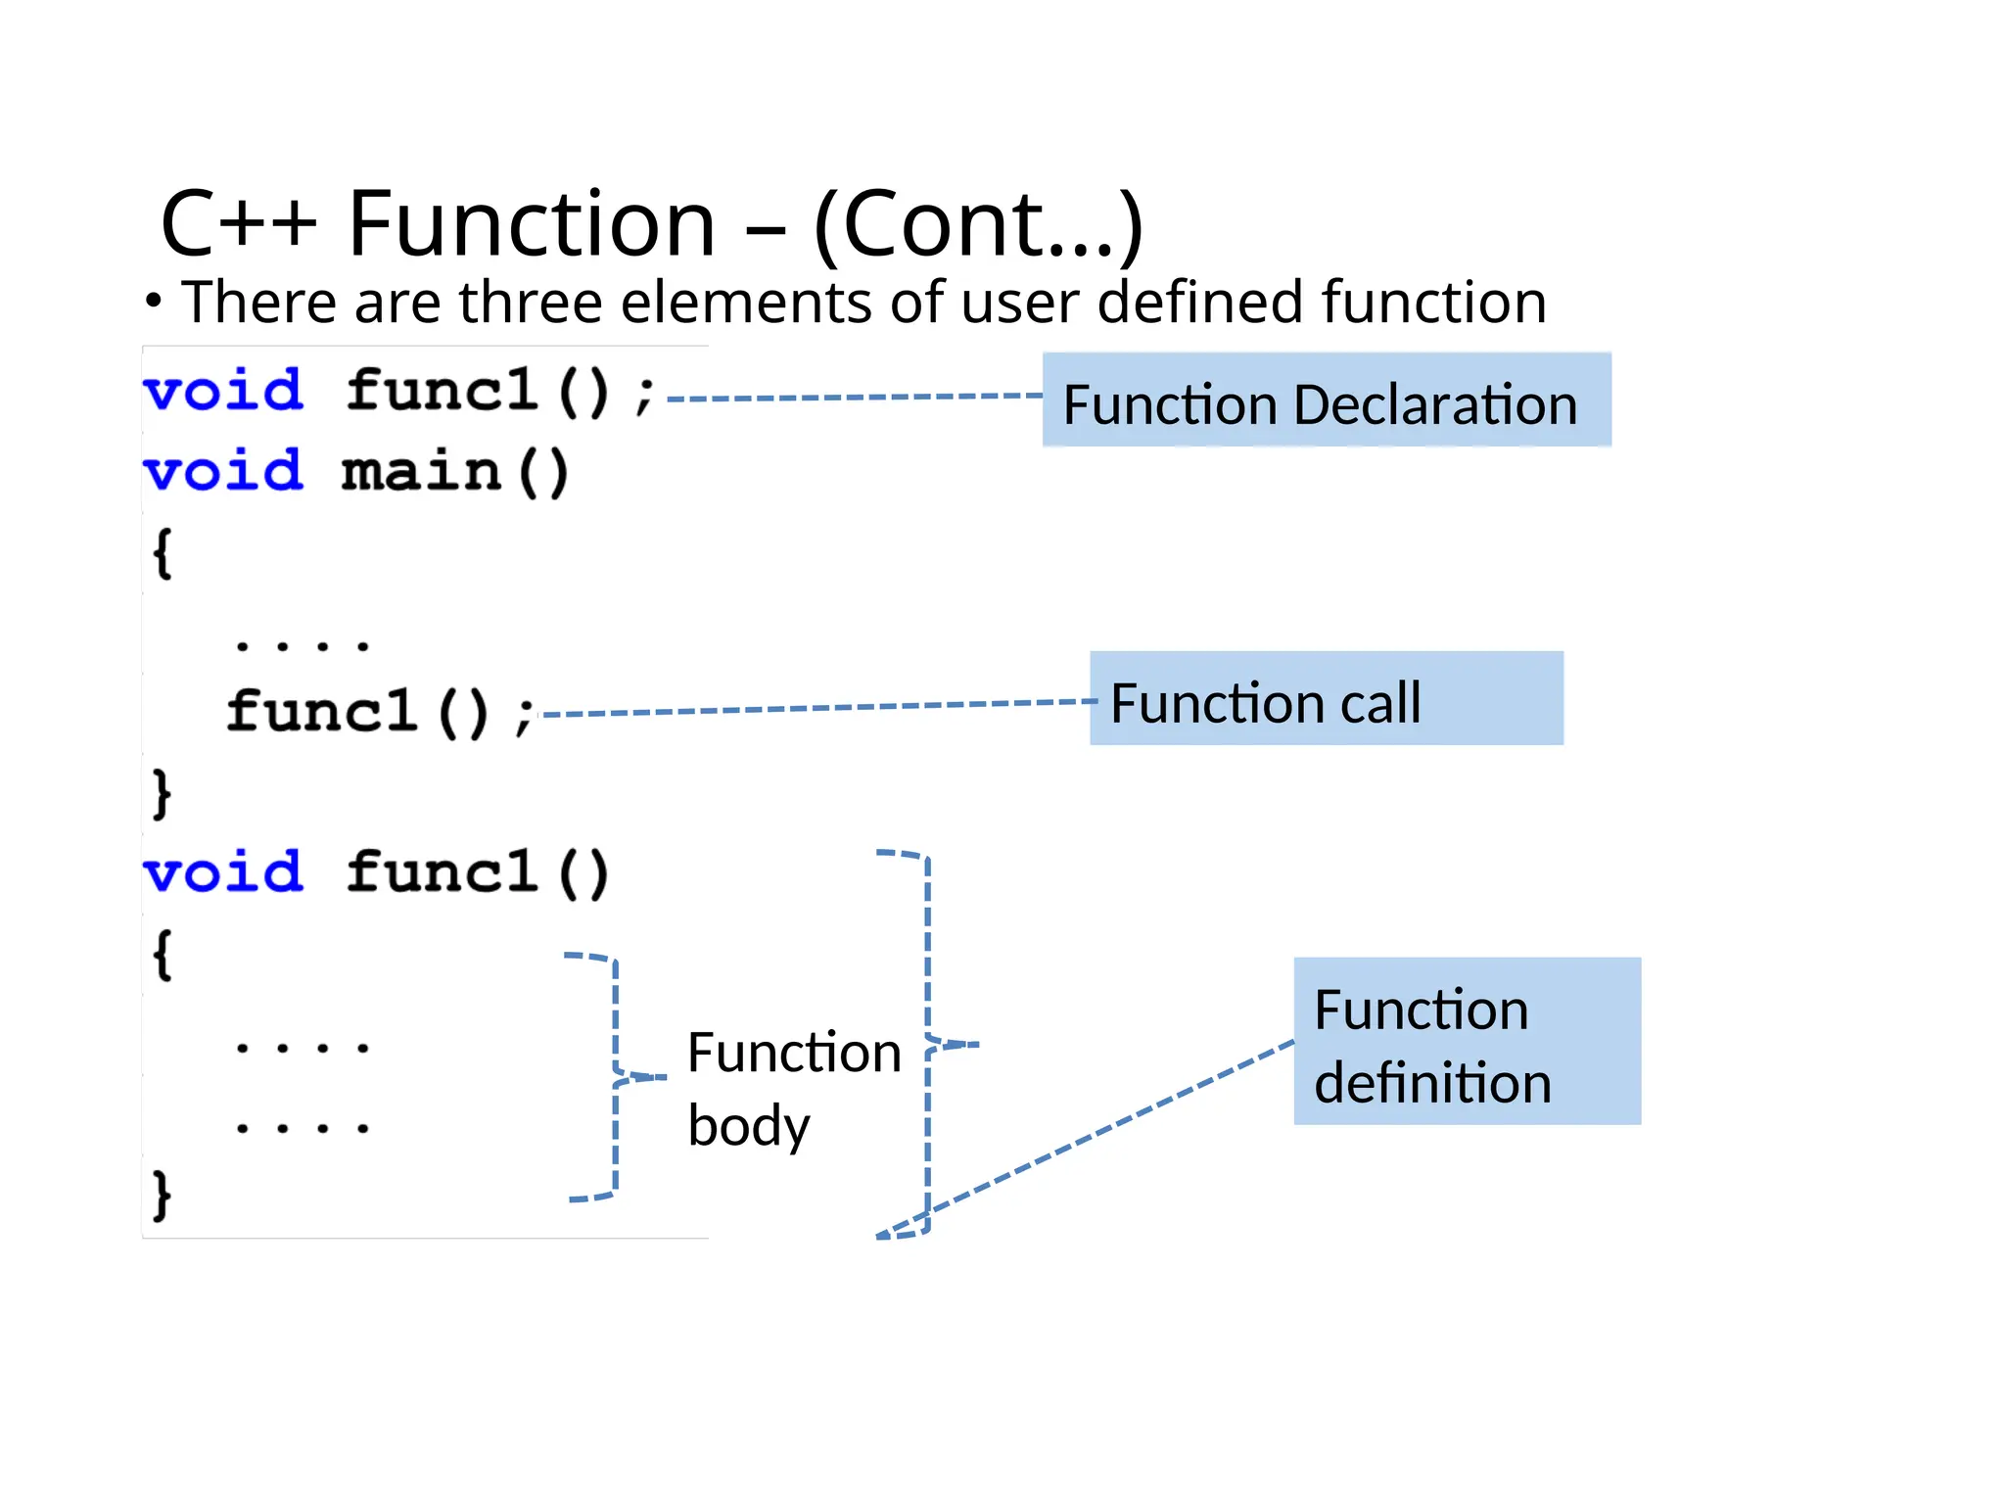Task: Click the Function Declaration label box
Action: [1326, 400]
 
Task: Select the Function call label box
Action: [1326, 699]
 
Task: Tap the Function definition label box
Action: [1467, 1042]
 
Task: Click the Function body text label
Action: [793, 1088]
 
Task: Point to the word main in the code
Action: [421, 473]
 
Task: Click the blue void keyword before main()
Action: [223, 473]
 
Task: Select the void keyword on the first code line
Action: [223, 392]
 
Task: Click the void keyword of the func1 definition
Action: [223, 872]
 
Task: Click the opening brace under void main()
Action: [163, 554]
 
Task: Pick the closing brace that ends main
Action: [163, 793]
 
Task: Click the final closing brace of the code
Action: [163, 1195]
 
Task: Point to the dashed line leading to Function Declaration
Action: [852, 398]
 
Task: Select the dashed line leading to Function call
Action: [813, 708]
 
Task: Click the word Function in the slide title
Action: [532, 224]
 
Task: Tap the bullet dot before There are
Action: [153, 302]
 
